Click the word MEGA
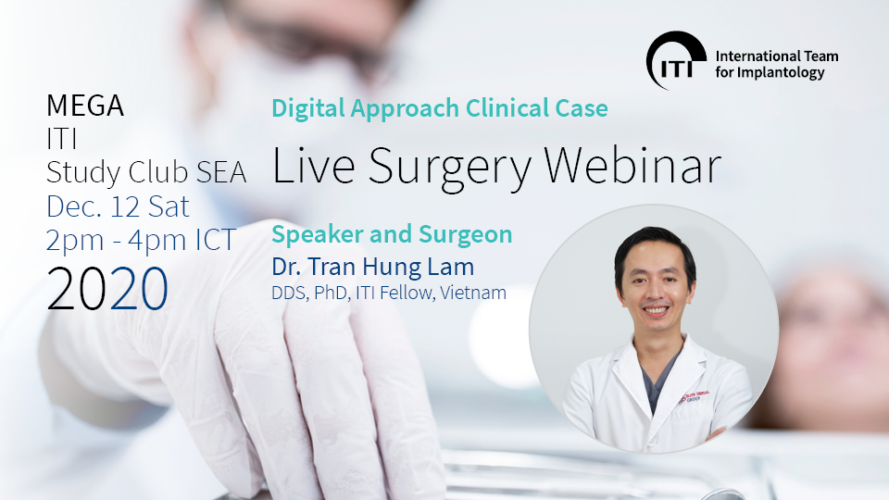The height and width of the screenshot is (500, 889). click(x=85, y=106)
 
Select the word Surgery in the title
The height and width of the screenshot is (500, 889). click(x=451, y=169)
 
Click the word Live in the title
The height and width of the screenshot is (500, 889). click(x=314, y=166)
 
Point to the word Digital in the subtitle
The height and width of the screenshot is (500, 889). click(x=308, y=109)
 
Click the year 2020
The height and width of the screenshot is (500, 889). click(x=107, y=289)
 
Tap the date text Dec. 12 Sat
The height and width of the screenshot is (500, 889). click(x=118, y=206)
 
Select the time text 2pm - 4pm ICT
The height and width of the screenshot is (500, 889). click(x=141, y=241)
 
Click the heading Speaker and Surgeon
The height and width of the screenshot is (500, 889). click(x=392, y=234)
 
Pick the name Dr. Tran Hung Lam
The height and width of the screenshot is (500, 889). click(x=372, y=267)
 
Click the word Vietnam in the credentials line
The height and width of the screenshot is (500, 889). click(x=473, y=294)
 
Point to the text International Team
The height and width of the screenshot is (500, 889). click(x=777, y=56)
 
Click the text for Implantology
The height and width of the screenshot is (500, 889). click(x=770, y=72)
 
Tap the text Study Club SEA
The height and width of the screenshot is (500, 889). click(x=146, y=173)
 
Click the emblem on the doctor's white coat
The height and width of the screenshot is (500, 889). click(x=694, y=396)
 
